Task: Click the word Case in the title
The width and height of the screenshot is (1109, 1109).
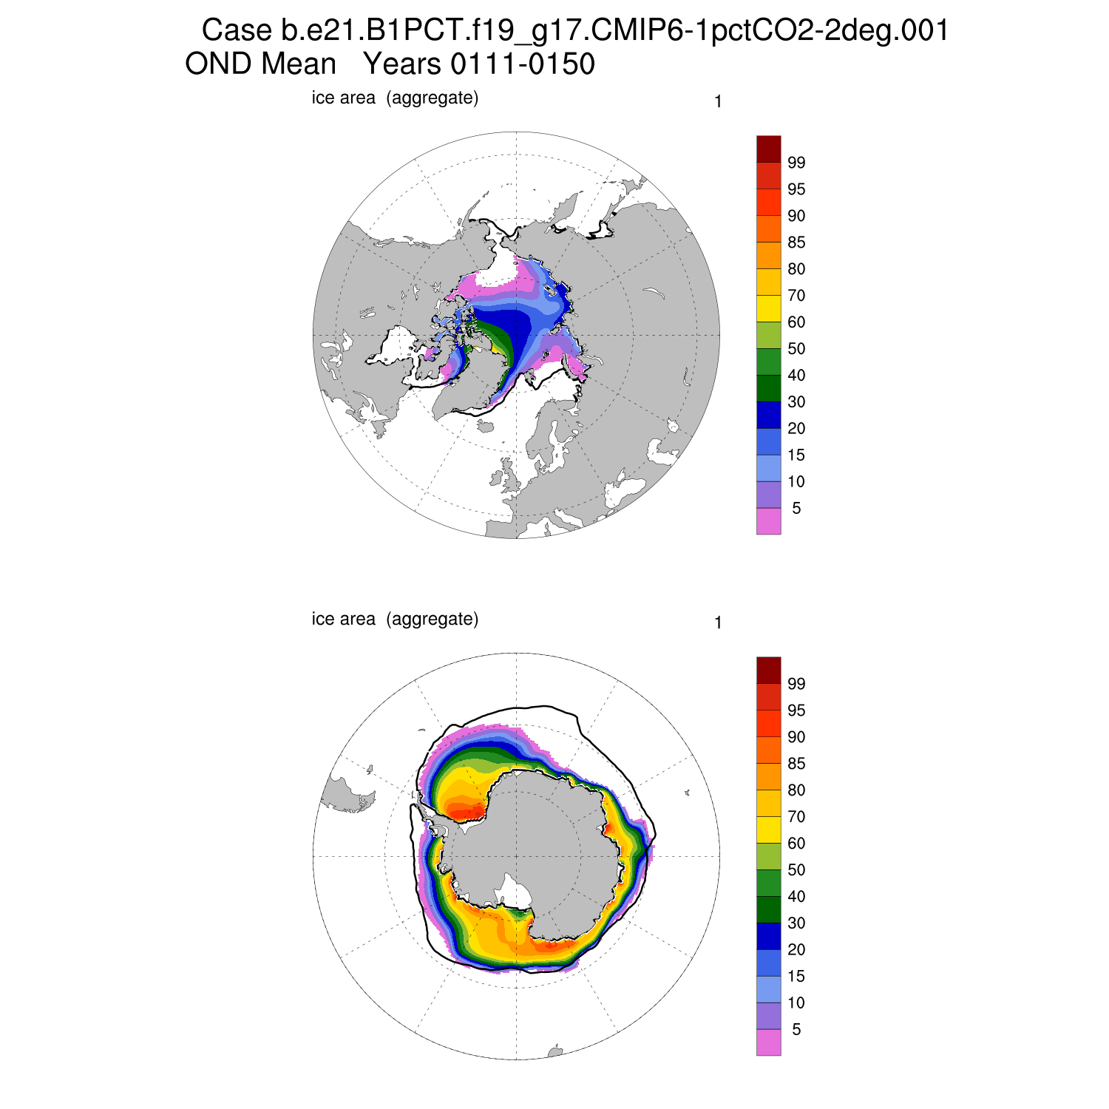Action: click(x=237, y=31)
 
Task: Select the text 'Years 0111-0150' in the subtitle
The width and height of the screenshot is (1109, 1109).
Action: click(x=478, y=64)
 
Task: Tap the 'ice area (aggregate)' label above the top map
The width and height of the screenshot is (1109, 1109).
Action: click(x=395, y=98)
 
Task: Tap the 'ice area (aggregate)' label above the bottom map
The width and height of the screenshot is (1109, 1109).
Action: click(x=395, y=619)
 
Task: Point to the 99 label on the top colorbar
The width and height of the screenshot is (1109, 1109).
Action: click(x=796, y=163)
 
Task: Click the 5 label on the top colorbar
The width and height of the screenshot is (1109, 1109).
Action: click(x=796, y=509)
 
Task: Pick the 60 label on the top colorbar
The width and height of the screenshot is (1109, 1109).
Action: click(x=796, y=322)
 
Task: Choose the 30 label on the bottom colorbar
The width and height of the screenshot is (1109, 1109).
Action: click(x=796, y=923)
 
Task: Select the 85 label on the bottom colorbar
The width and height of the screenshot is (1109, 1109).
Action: click(x=796, y=764)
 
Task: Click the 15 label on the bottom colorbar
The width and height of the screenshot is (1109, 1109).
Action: click(x=796, y=977)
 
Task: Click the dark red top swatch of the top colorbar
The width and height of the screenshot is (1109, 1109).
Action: click(x=768, y=149)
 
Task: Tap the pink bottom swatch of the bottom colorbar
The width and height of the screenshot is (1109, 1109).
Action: click(x=768, y=1042)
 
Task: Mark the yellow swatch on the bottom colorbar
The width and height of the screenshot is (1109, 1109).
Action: click(x=768, y=830)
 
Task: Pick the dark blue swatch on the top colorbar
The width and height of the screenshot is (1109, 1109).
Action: click(x=768, y=415)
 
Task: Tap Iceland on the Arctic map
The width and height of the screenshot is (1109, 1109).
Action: click(x=485, y=426)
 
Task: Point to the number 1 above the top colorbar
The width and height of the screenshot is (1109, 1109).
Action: click(x=718, y=102)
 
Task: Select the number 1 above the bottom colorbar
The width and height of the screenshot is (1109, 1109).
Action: click(x=718, y=623)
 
